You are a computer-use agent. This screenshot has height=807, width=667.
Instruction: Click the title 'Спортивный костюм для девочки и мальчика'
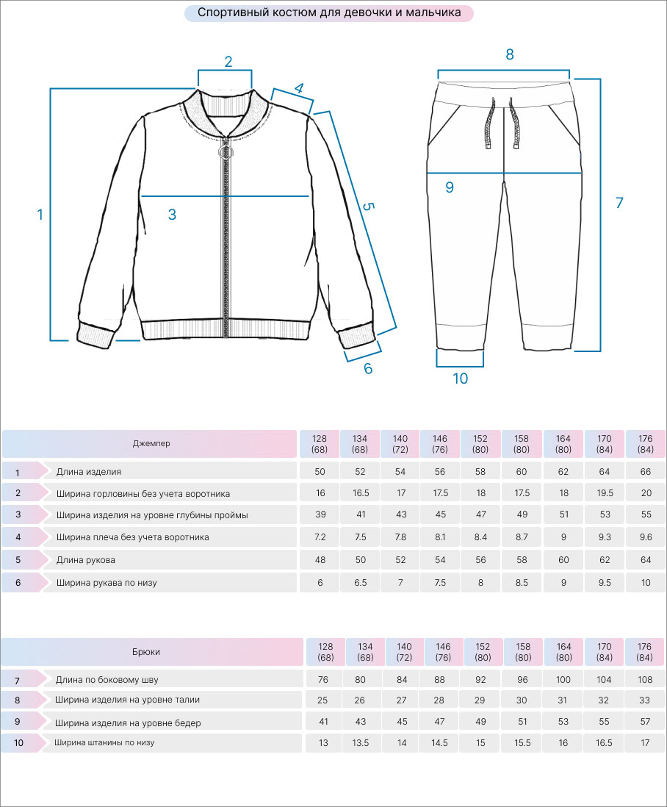[x=329, y=12]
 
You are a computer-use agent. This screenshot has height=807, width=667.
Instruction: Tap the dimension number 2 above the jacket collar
[x=228, y=62]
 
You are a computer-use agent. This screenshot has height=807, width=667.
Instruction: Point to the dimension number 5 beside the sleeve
[x=368, y=207]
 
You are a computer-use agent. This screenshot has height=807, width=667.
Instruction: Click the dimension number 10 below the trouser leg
[x=461, y=379]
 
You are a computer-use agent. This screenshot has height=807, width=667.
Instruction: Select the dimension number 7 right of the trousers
[x=619, y=203]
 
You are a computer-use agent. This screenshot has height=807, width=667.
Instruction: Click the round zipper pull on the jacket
[x=226, y=152]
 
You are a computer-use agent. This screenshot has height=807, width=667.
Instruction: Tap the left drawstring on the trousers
[x=489, y=123]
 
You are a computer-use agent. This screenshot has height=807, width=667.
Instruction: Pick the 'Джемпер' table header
[x=151, y=444]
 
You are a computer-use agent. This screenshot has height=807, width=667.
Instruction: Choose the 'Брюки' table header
[x=146, y=652]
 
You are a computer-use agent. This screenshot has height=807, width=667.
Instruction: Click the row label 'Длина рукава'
[x=85, y=560]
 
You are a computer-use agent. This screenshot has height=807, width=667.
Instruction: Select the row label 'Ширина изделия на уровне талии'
[x=128, y=700]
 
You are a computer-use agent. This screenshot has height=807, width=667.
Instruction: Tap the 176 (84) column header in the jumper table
[x=646, y=444]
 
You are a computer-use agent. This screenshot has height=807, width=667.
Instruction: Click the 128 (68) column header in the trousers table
[x=325, y=652]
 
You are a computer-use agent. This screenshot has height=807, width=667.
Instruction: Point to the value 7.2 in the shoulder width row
[x=320, y=537]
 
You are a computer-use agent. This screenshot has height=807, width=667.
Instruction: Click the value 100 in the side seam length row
[x=563, y=680]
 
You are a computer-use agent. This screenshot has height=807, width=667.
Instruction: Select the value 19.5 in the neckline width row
[x=605, y=493]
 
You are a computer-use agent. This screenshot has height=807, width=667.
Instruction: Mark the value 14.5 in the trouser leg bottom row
[x=439, y=743]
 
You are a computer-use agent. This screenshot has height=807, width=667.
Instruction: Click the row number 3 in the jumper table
[x=18, y=514]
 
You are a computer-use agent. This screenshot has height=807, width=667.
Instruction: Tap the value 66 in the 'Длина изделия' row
[x=646, y=472]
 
